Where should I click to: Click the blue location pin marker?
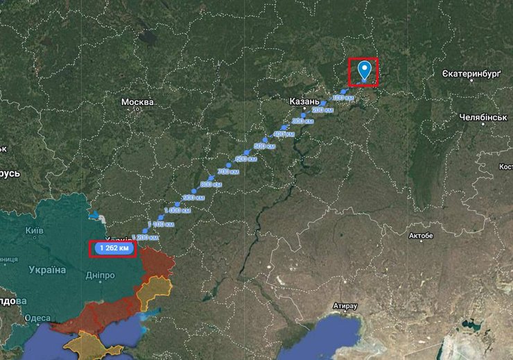365,70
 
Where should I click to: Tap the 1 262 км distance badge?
112,248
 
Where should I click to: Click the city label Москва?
137,102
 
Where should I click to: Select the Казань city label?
304,101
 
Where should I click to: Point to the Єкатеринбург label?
471,73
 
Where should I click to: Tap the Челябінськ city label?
483,118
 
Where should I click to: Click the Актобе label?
421,236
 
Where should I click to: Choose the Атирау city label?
345,305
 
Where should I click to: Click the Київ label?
34,230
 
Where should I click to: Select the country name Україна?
47,269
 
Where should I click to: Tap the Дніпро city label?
101,275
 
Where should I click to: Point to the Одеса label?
37,318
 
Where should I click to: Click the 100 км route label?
343,98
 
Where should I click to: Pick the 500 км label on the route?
264,146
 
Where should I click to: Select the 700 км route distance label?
228,171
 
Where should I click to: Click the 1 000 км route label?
177,210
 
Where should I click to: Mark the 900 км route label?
193,198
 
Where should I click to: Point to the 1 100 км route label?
162,224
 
